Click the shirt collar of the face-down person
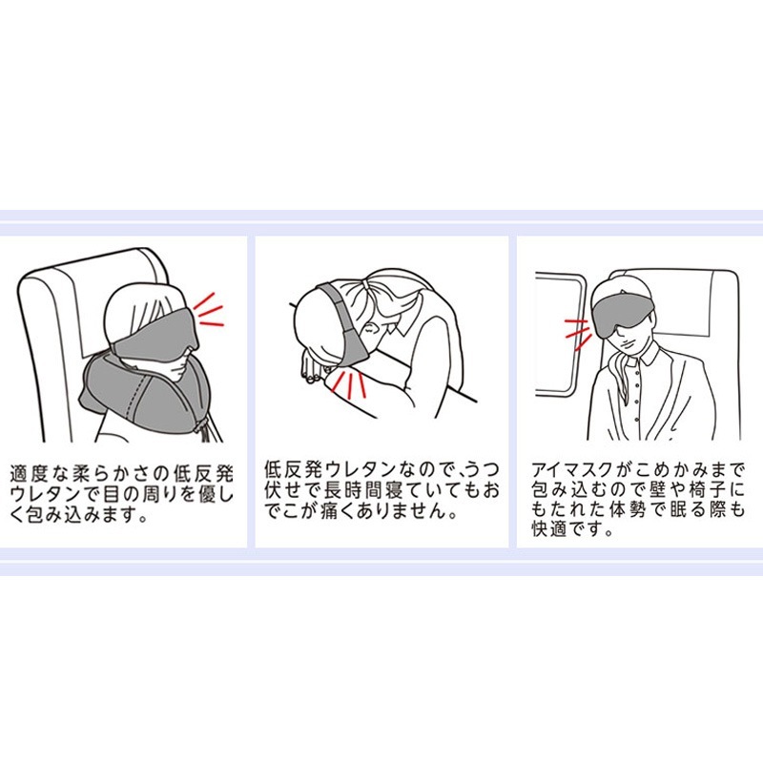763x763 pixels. pyautogui.click(x=401, y=329)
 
